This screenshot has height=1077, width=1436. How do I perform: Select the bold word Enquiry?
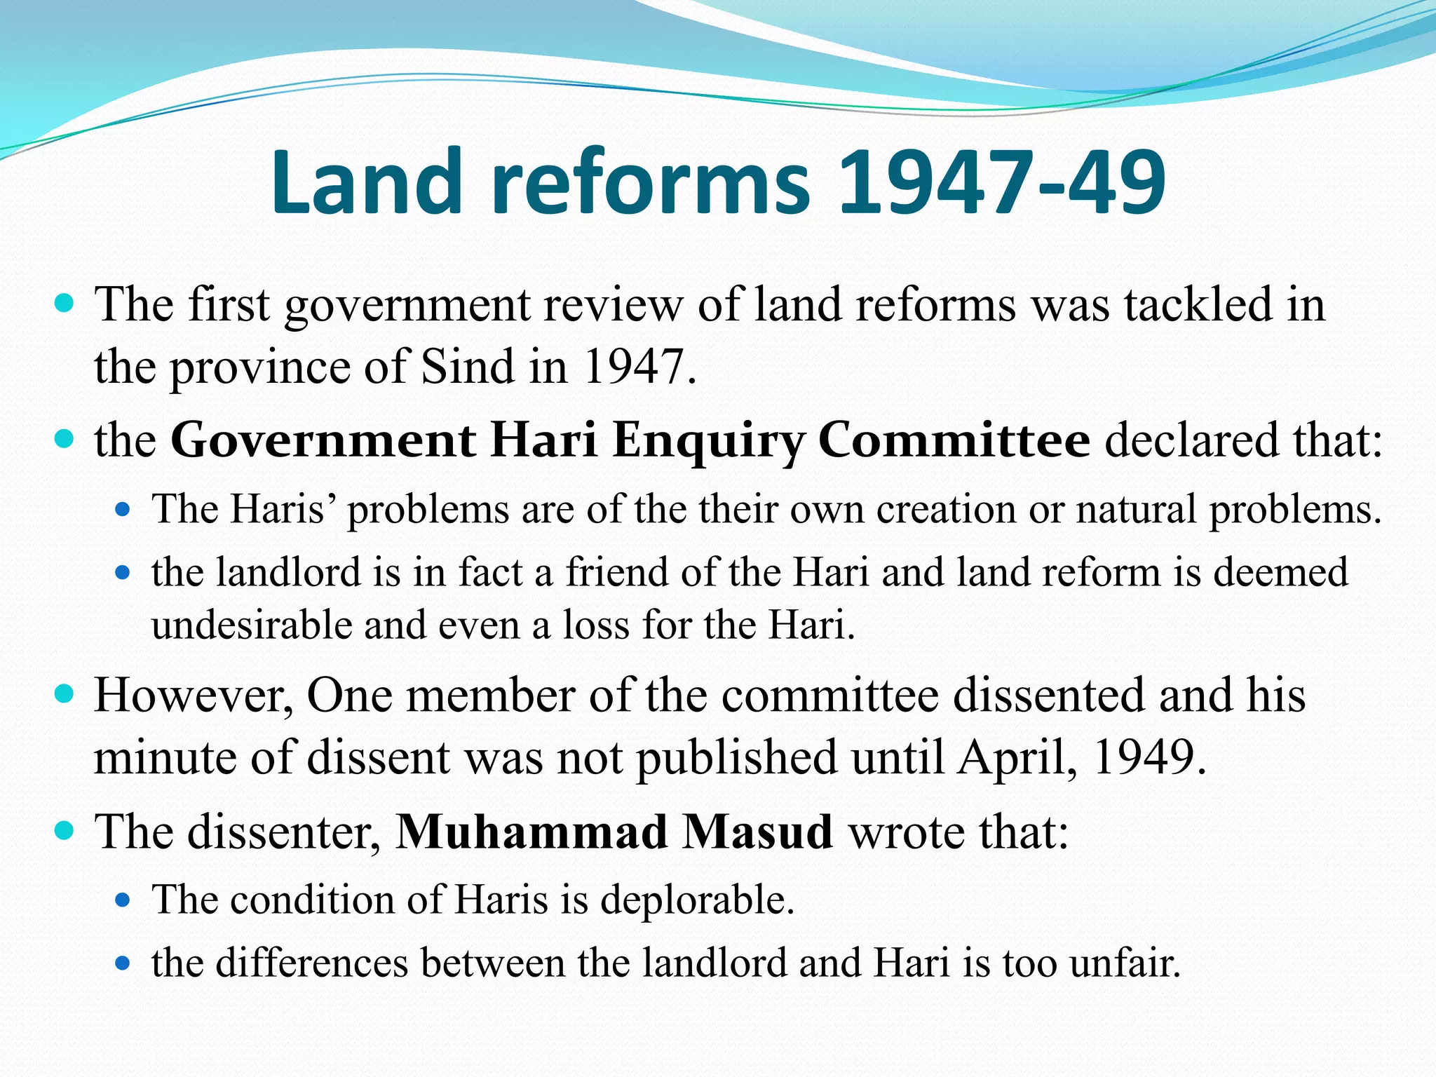[x=707, y=441]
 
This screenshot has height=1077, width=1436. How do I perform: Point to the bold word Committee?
[x=954, y=441]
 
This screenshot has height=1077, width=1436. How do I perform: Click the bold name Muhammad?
[x=531, y=832]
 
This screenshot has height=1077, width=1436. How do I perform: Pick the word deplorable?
[x=696, y=900]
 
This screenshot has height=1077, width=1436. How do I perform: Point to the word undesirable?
[x=252, y=625]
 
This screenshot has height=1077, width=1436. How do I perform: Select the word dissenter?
[x=284, y=832]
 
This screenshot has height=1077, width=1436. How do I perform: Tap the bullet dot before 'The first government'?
[x=64, y=304]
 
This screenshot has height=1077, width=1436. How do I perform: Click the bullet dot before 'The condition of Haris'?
[x=123, y=900]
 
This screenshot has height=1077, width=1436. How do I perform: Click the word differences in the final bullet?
[x=312, y=963]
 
